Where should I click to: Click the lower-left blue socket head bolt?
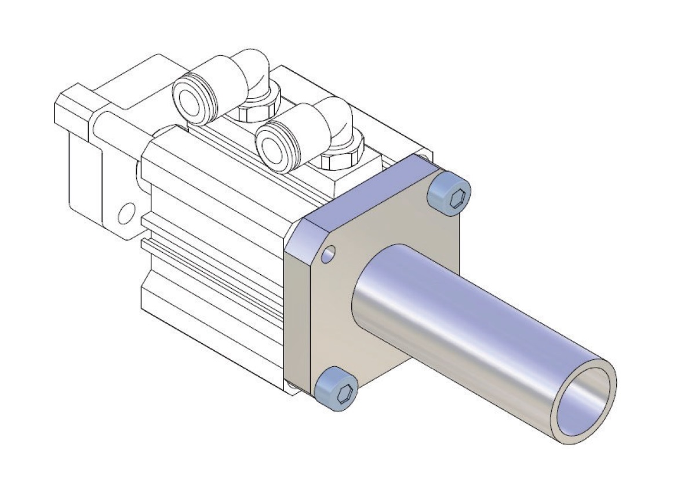pyautogui.click(x=336, y=387)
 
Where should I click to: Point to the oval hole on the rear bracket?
pyautogui.click(x=123, y=214)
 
